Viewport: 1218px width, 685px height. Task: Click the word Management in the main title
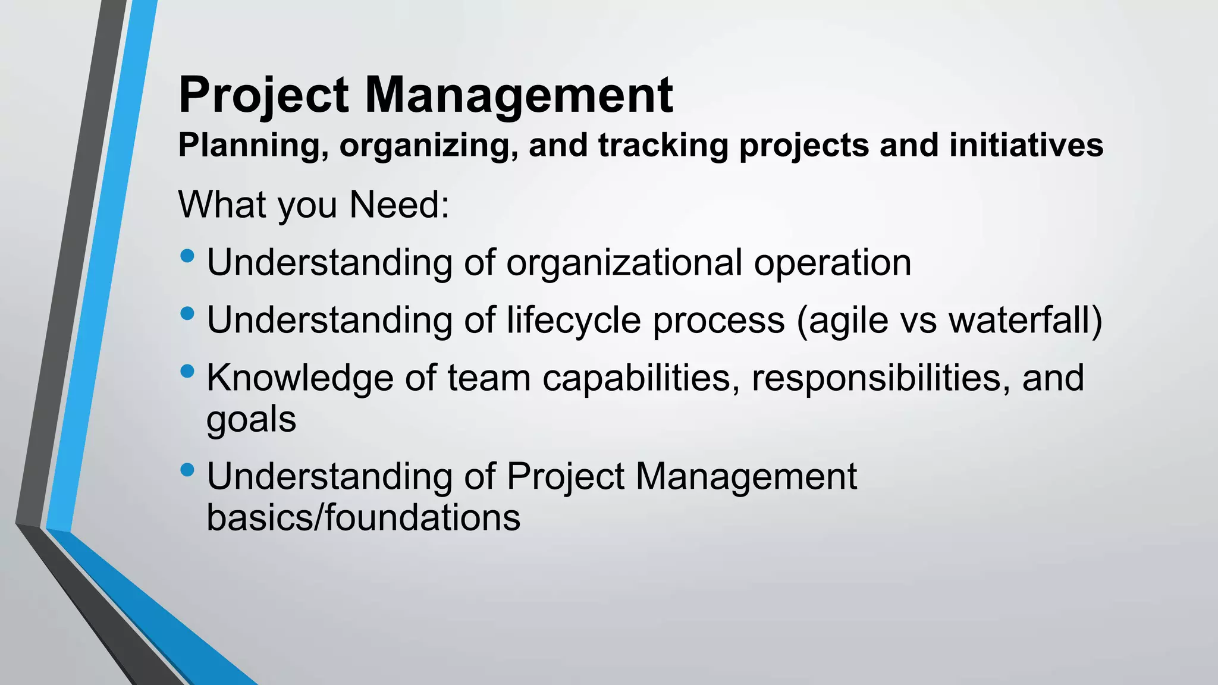(x=518, y=95)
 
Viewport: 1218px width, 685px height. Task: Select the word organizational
(x=624, y=262)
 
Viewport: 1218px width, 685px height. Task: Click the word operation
(x=833, y=262)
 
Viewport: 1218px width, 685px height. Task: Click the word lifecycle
(x=573, y=320)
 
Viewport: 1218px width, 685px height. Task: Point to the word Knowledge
(x=300, y=378)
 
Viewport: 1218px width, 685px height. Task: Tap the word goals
(x=251, y=420)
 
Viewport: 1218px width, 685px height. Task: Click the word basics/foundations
(x=363, y=517)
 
